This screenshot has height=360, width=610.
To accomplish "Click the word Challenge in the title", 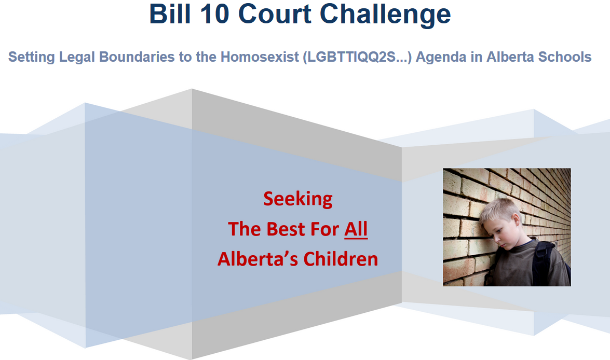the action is (x=385, y=16).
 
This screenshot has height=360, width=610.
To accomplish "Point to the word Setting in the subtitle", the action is (x=32, y=57).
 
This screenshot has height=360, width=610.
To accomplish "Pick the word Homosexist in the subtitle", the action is (x=260, y=57).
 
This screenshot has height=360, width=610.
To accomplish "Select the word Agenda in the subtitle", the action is (x=441, y=58).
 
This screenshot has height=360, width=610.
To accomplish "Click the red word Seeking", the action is (x=298, y=199).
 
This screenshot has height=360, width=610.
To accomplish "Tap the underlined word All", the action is (x=356, y=229).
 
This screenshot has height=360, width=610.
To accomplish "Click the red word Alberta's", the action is (x=258, y=259).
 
